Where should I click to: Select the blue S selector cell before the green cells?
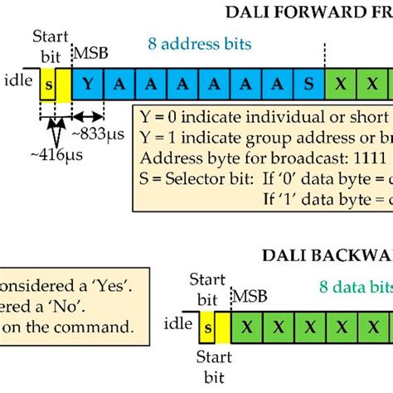(x=308, y=84)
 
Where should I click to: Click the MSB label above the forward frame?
(x=92, y=53)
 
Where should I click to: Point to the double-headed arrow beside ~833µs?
(x=89, y=114)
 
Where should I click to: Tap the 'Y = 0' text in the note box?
(x=161, y=116)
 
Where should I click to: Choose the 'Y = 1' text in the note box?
(x=161, y=136)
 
